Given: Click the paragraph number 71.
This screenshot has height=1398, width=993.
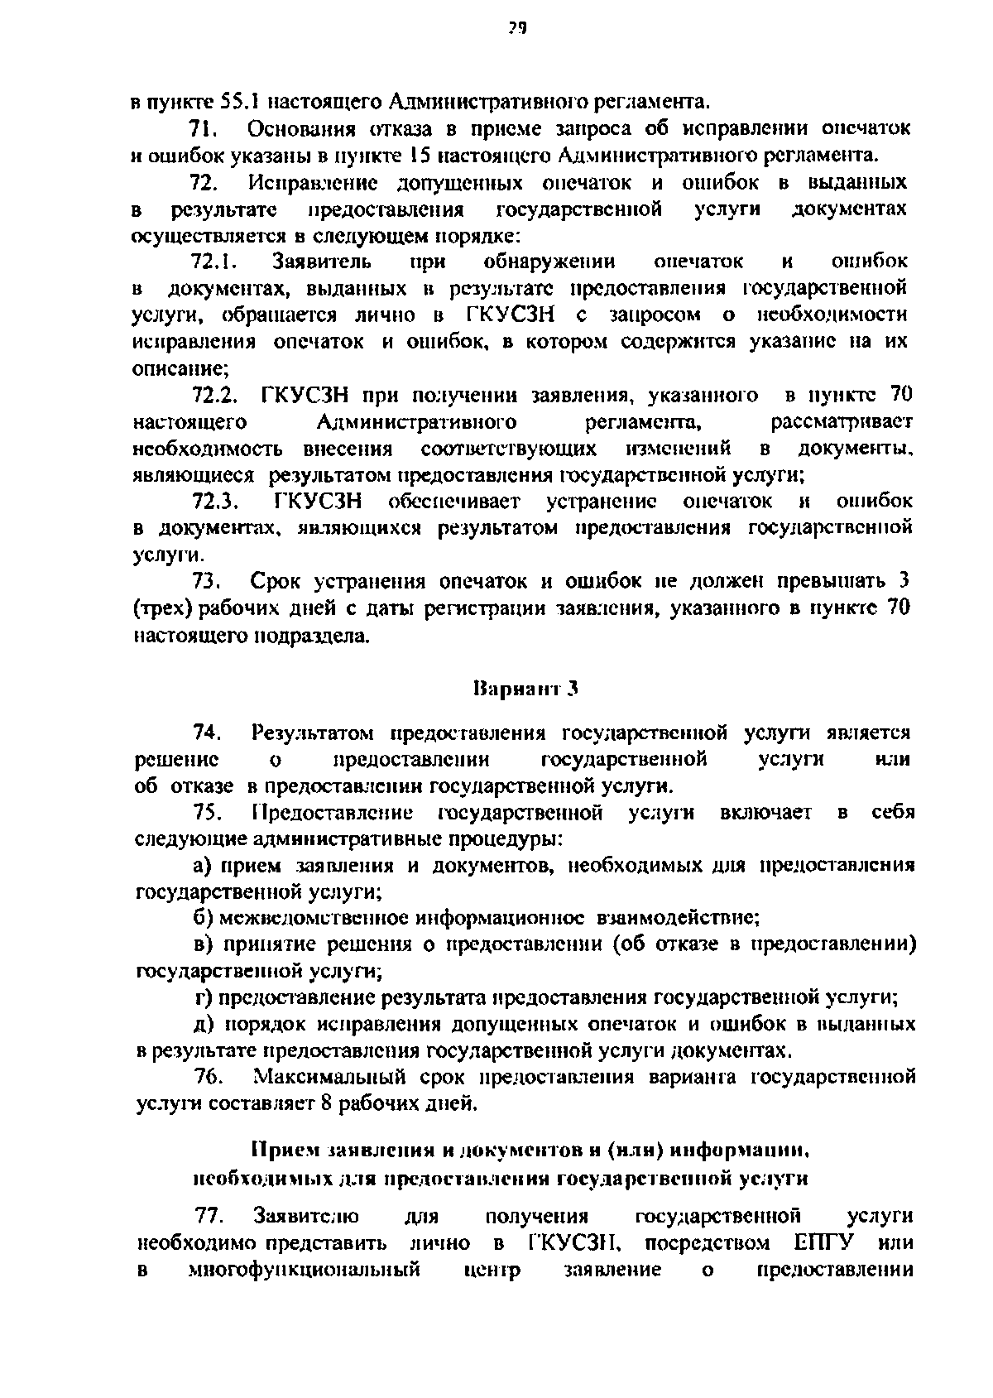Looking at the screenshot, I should (203, 129).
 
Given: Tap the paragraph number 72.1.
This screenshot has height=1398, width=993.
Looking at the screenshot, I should (214, 262).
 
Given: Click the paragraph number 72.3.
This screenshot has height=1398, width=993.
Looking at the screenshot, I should (216, 502).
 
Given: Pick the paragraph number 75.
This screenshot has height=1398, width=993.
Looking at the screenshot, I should (207, 813).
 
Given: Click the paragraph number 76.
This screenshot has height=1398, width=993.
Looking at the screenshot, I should (207, 1078).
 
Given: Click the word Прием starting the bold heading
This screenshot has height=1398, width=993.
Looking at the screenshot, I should (281, 1151).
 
